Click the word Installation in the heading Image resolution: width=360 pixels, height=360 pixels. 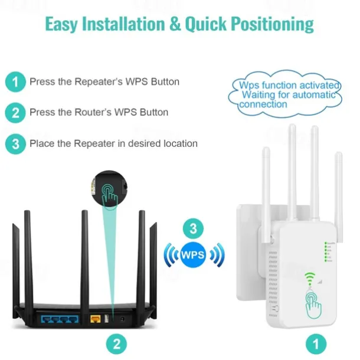point(123,24)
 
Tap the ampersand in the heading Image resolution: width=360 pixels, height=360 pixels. point(175,24)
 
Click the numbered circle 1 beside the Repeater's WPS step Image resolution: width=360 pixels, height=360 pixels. point(15,81)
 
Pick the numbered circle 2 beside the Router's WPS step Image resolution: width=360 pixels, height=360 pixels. point(15,113)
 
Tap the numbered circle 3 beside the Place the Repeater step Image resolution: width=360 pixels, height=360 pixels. point(15,144)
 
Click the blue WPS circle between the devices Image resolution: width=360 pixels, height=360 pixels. point(193,254)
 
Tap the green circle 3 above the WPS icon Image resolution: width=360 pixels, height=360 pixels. point(194,228)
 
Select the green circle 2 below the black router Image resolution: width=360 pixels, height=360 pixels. point(117,344)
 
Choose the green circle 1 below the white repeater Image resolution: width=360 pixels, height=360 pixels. point(316,344)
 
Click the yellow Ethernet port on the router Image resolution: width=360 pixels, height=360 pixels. point(96,319)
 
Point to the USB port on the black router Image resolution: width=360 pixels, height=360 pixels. point(107,319)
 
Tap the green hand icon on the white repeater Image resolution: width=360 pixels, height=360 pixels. point(313,305)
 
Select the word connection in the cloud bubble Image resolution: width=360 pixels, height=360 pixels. point(263,104)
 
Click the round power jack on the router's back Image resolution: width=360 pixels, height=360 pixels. point(122,319)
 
